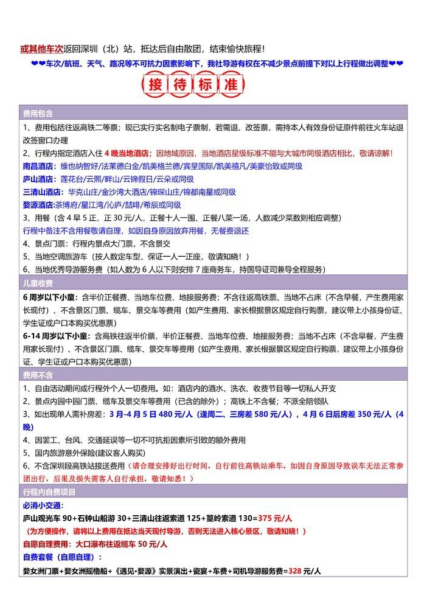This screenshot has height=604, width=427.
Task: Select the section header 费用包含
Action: pos(38,114)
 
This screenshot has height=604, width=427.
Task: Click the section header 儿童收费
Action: pos(38,283)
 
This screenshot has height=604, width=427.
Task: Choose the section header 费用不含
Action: pos(38,376)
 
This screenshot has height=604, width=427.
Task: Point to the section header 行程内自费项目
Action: pos(49,491)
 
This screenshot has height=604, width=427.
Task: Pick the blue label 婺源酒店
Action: pos(39,205)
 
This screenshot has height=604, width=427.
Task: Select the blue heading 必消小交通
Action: pos(43,505)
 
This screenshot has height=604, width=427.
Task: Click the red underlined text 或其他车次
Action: pos(40,49)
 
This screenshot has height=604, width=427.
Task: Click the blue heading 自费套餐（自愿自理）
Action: pos(62,557)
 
